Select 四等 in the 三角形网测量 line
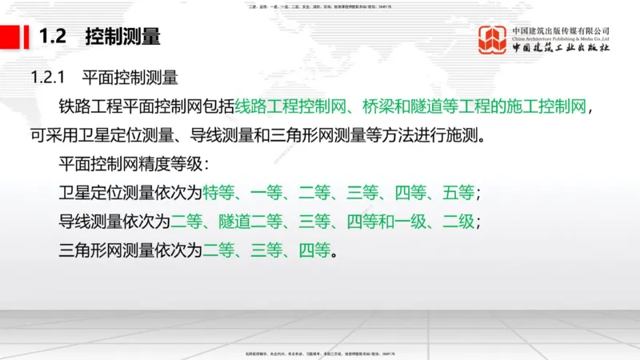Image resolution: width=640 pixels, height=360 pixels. click(314, 250)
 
